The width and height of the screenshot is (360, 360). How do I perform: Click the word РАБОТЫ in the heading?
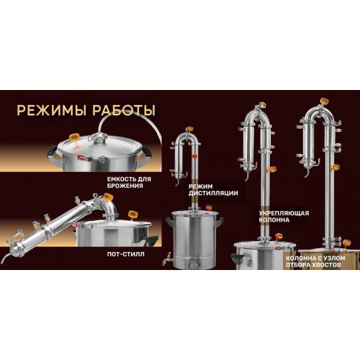click(124, 111)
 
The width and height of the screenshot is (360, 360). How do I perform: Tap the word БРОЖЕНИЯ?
click(125, 186)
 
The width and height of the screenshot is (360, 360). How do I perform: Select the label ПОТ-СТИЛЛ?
click(125, 254)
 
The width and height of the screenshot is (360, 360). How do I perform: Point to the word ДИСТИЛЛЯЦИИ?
click(213, 193)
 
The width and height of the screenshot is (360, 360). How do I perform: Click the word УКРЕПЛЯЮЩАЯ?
click(284, 213)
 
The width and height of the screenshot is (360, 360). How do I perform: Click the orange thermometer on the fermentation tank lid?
click(74, 138)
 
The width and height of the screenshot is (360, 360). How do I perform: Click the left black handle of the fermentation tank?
click(52, 152)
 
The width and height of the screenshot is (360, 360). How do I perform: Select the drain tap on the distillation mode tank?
click(167, 258)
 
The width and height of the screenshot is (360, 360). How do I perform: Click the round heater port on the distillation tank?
click(193, 264)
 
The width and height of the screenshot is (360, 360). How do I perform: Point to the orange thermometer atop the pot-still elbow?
click(107, 197)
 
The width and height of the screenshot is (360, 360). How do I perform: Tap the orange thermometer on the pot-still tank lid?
click(132, 214)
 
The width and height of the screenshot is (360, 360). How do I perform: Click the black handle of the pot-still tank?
click(150, 239)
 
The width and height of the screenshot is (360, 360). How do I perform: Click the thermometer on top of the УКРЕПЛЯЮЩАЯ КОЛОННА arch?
click(262, 105)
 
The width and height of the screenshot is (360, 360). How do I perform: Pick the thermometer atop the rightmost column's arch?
click(324, 100)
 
